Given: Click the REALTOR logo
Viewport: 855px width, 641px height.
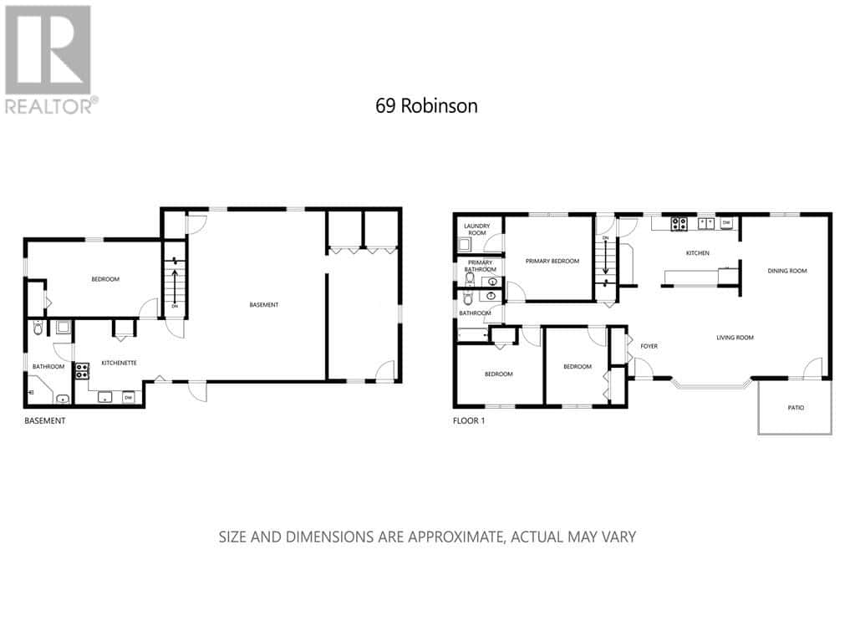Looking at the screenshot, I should [48, 58].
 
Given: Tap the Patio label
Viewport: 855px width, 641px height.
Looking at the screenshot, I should [796, 408].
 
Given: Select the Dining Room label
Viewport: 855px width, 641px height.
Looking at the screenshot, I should [787, 270].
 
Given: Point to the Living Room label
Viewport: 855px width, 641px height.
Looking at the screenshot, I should [735, 338].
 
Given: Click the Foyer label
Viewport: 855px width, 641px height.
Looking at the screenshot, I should [649, 345].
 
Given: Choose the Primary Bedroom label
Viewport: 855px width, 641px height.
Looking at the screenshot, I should [552, 261].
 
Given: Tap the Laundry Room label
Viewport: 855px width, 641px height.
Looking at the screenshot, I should [477, 229].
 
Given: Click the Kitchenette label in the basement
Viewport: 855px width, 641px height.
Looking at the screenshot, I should [119, 363].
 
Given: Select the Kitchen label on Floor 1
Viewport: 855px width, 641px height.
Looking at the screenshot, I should [698, 252].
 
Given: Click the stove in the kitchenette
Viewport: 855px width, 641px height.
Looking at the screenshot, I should [83, 371].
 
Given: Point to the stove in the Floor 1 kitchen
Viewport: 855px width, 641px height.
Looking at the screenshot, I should [679, 223].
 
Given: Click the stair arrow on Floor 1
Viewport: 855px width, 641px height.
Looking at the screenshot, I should [605, 258].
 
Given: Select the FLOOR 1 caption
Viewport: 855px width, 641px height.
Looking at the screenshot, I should [468, 421].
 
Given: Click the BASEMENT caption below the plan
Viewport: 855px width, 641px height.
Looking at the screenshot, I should [44, 421].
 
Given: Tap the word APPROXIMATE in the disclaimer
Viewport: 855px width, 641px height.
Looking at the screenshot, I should [453, 537].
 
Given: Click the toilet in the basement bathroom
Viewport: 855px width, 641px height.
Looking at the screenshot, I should [37, 328].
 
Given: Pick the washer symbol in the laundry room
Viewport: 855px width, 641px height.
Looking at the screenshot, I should [466, 244].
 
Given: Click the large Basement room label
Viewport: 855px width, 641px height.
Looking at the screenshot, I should [264, 305].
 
